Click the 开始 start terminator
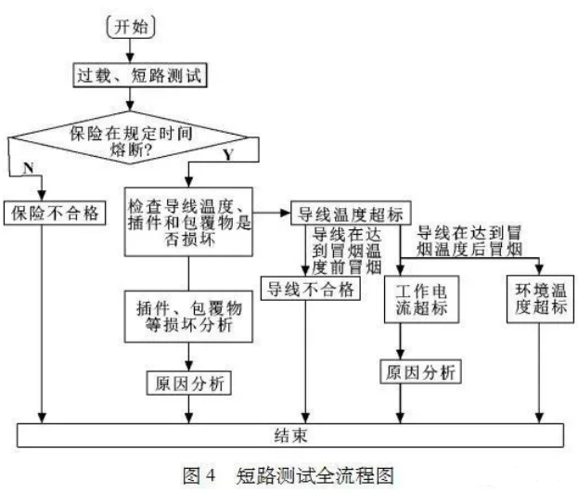pyautogui.click(x=131, y=27)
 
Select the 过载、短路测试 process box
pyautogui.click(x=140, y=75)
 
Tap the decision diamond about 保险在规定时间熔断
pyautogui.click(x=129, y=137)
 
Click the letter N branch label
pyautogui.click(x=29, y=168)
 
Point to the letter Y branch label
pyautogui.click(x=228, y=155)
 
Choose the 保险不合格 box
pyautogui.click(x=55, y=213)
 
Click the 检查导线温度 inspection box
pyautogui.click(x=188, y=222)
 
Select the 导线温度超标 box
pyautogui.click(x=351, y=213)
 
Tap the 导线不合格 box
pyautogui.click(x=311, y=289)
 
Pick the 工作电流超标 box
pyautogui.click(x=422, y=299)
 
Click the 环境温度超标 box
pyautogui.click(x=540, y=299)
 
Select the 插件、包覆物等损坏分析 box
pyautogui.click(x=188, y=317)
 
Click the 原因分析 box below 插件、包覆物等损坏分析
pyautogui.click(x=189, y=383)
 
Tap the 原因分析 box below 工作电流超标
pyautogui.click(x=420, y=371)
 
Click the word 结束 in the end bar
pyautogui.click(x=290, y=435)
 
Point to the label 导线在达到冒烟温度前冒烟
pyautogui.click(x=346, y=251)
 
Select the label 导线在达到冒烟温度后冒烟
pyautogui.click(x=469, y=241)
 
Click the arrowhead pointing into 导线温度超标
pyautogui.click(x=286, y=213)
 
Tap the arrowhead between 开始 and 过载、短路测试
pyautogui.click(x=130, y=58)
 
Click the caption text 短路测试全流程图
pyautogui.click(x=315, y=475)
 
